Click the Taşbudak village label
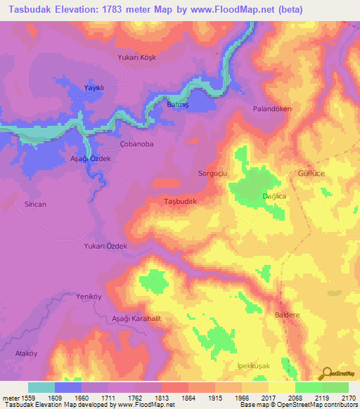180,201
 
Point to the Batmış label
177,105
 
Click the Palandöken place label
272,109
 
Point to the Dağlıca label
274,197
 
